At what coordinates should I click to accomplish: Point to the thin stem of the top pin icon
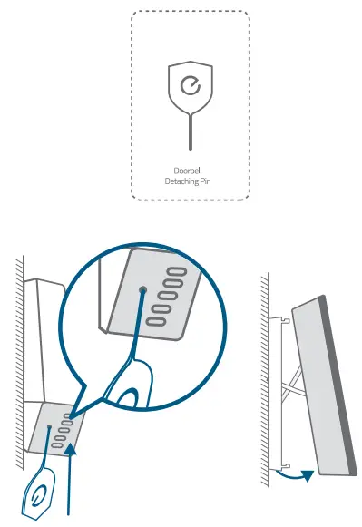pos(190,131)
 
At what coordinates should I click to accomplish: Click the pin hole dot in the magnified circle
pos(142,291)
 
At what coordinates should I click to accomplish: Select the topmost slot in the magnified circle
pos(173,272)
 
